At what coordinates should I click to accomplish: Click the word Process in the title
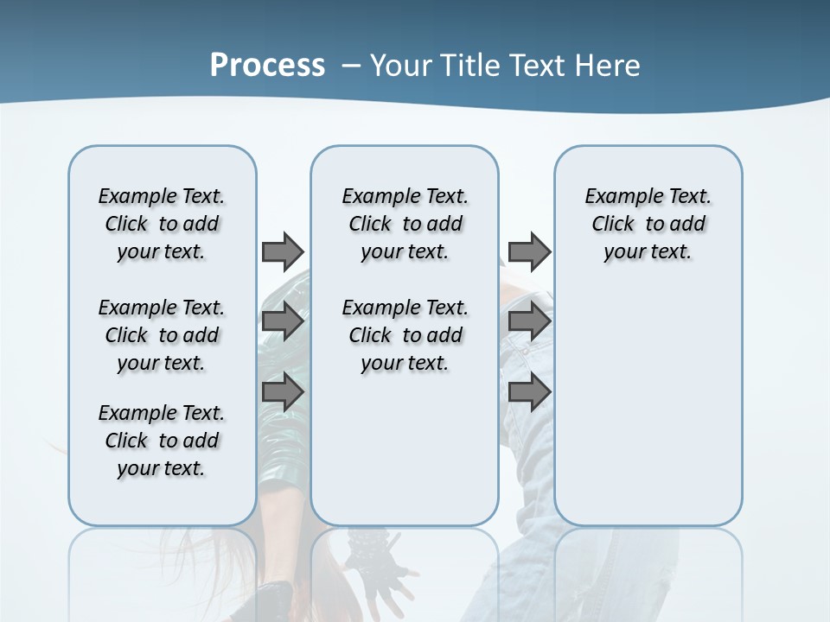pyautogui.click(x=267, y=66)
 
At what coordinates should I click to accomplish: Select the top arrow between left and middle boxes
pyautogui.click(x=282, y=251)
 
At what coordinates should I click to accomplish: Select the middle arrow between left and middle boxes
pyautogui.click(x=282, y=321)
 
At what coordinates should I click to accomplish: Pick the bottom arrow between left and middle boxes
pyautogui.click(x=282, y=392)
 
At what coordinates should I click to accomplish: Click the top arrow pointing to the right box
pyautogui.click(x=529, y=251)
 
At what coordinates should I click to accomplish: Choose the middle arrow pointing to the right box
pyautogui.click(x=529, y=321)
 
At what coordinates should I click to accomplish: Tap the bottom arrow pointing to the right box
pyautogui.click(x=529, y=392)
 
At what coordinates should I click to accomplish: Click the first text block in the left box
pyautogui.click(x=162, y=224)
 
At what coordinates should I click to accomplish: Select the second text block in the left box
pyautogui.click(x=162, y=335)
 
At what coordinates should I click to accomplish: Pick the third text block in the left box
pyautogui.click(x=162, y=441)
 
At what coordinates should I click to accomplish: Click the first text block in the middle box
pyautogui.click(x=405, y=224)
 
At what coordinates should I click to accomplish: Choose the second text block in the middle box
pyautogui.click(x=405, y=335)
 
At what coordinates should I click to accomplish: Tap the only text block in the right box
pyautogui.click(x=648, y=224)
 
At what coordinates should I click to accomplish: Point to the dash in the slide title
pyautogui.click(x=351, y=66)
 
